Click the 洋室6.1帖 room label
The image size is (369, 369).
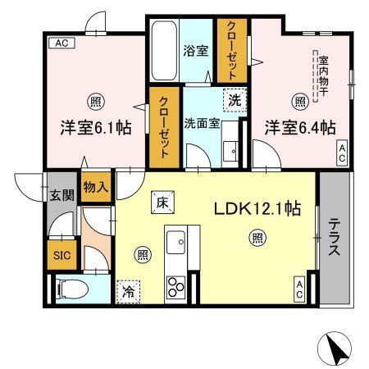93,128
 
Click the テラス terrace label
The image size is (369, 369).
335,237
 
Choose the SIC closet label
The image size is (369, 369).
62,256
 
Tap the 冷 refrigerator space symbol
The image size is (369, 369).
129,289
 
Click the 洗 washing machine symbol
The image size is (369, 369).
235,102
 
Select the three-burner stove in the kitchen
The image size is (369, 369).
176,286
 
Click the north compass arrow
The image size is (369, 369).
337,348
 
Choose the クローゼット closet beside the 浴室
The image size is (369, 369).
230,48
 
